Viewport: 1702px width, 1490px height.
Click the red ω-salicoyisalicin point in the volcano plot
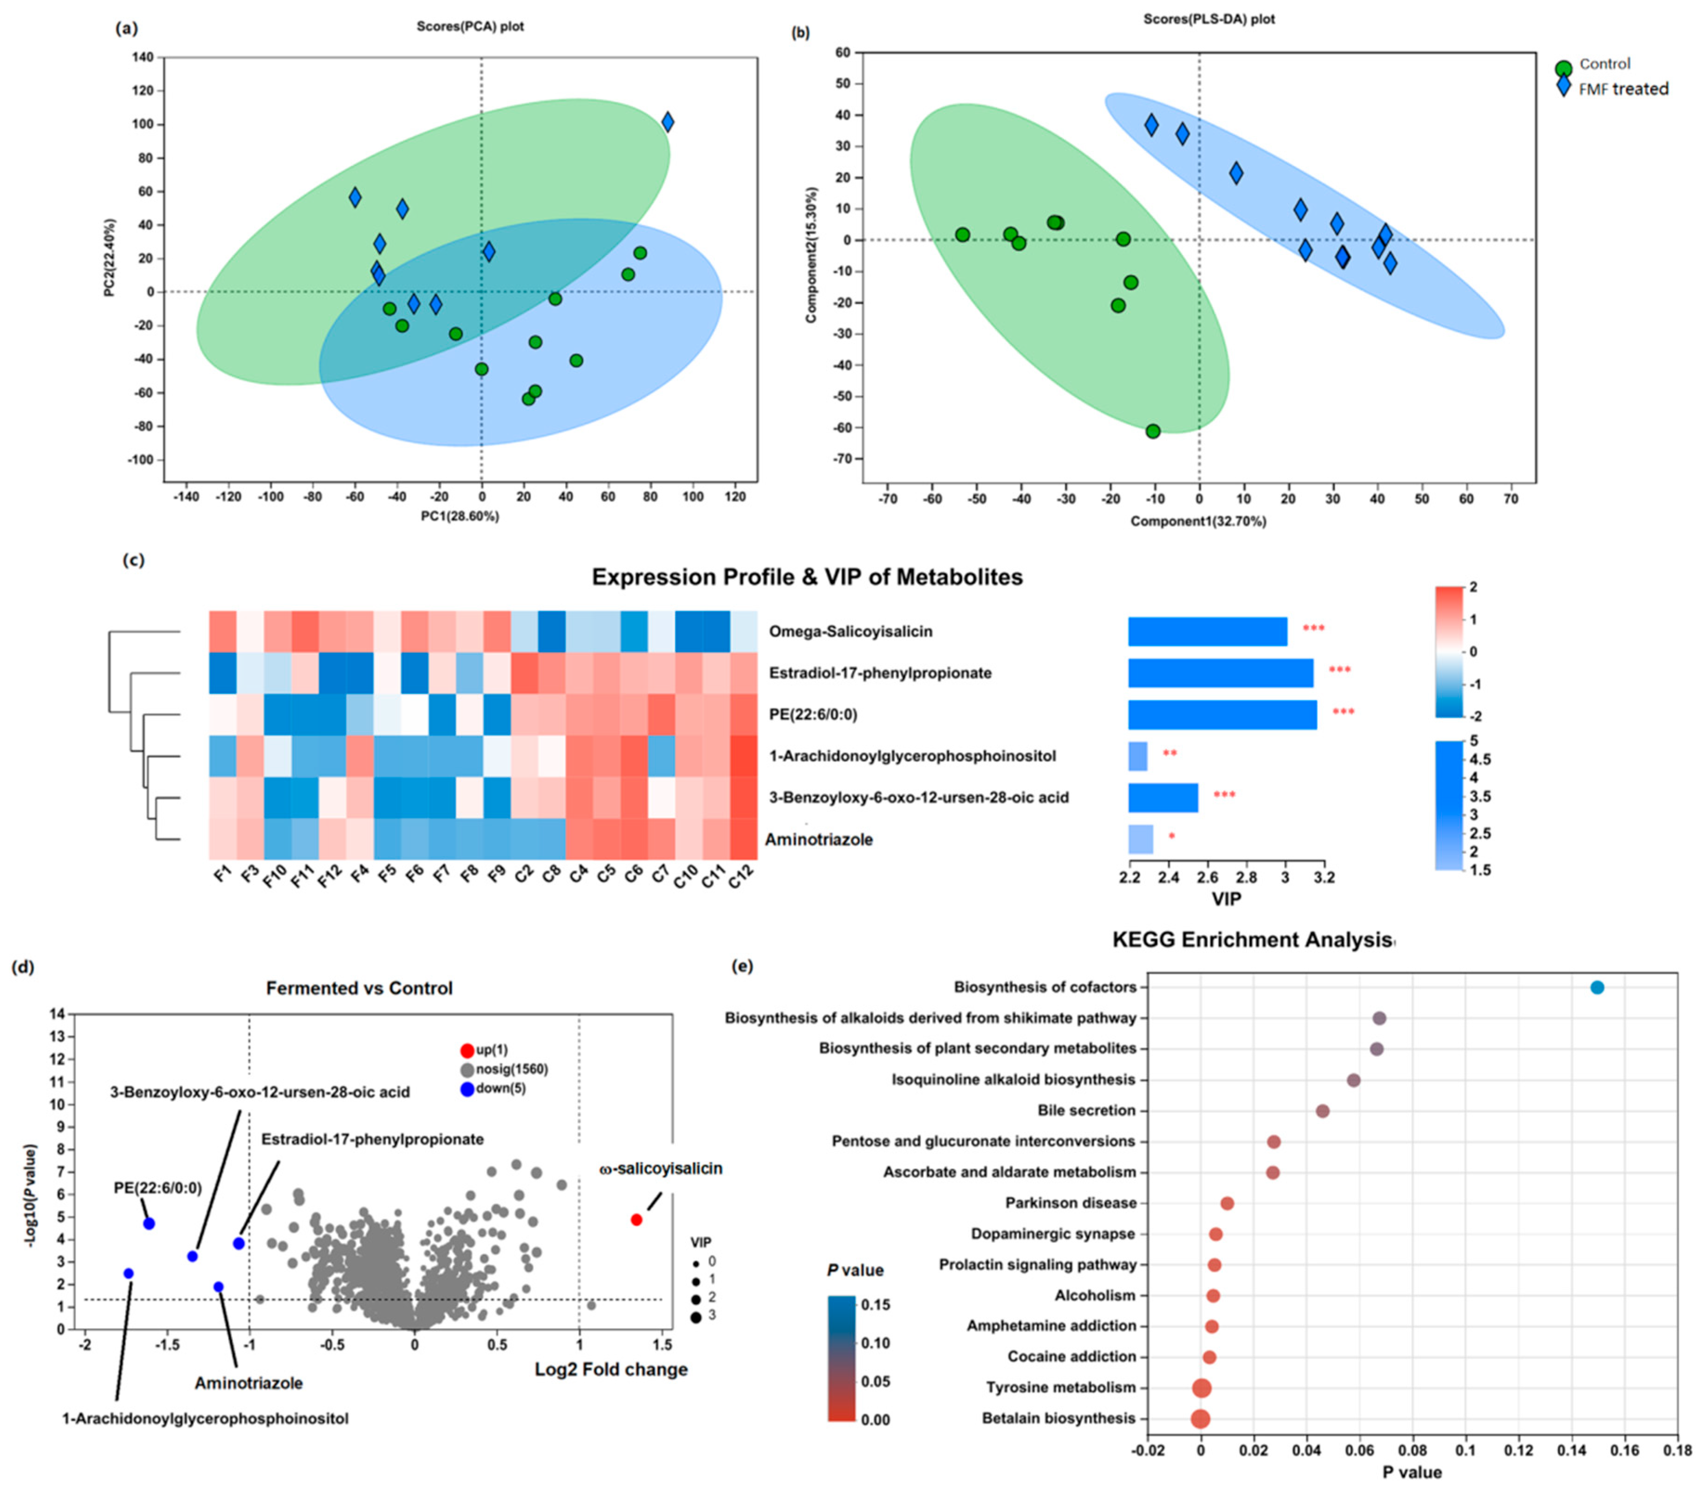(637, 1220)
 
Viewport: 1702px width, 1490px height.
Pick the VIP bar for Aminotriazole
(1141, 840)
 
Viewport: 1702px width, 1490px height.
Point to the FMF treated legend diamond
(1564, 87)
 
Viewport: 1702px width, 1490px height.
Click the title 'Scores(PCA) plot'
(470, 26)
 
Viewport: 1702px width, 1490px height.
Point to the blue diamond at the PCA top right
(667, 122)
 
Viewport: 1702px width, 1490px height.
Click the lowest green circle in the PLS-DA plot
(1153, 431)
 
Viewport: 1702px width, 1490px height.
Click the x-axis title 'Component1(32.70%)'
(1198, 521)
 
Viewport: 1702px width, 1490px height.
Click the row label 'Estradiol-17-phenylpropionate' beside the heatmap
(879, 673)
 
